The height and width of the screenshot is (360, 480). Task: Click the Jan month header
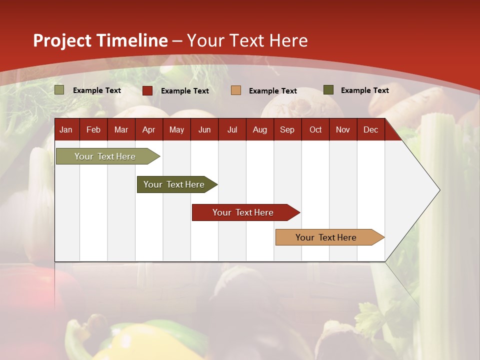(x=66, y=129)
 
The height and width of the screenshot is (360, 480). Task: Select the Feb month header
(x=93, y=129)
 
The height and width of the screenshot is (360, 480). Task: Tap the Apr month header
(x=148, y=129)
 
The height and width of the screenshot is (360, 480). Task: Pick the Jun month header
(x=204, y=129)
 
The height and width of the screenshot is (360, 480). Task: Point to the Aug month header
(x=259, y=129)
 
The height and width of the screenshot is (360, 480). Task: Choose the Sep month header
(x=287, y=129)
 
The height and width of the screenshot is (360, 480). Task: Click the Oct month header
(x=315, y=129)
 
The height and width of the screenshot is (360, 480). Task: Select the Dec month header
(x=370, y=129)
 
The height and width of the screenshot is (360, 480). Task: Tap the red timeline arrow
(x=243, y=212)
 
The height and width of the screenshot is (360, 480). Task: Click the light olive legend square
(x=59, y=90)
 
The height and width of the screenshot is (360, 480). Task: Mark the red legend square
(x=147, y=90)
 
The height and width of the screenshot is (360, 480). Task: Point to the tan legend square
(x=236, y=90)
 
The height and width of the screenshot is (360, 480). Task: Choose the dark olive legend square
(x=328, y=90)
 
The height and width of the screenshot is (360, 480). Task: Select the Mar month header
(x=121, y=129)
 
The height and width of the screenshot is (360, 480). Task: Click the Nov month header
(x=343, y=129)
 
